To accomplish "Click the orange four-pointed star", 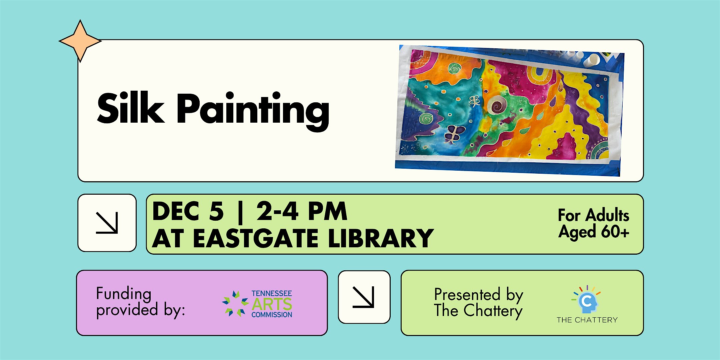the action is (80, 41).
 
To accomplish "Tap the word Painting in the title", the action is (253, 111).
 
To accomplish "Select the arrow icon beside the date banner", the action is (107, 223).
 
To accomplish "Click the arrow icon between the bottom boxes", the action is (364, 297).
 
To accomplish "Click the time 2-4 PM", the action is (302, 211).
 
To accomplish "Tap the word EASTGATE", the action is (256, 238).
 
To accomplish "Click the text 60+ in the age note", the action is (615, 231).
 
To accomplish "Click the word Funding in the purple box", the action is (124, 294).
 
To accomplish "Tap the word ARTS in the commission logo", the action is (272, 304).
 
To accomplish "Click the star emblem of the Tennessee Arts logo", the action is (235, 303).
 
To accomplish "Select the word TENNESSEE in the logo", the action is (272, 293).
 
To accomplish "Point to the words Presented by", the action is (479, 295).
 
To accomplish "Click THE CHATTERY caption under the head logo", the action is (587, 320).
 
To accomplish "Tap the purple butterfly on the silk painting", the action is (454, 134).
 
